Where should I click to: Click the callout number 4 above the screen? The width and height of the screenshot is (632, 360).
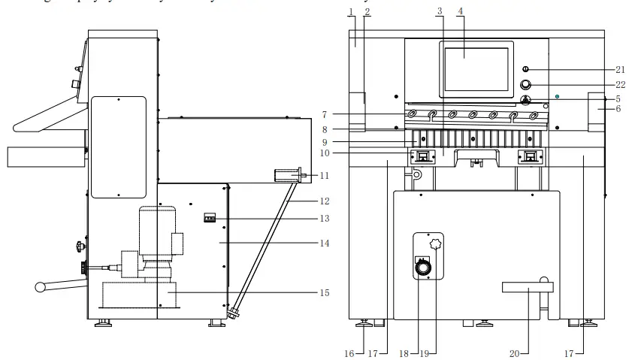(460, 12)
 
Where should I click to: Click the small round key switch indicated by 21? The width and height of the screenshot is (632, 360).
(525, 69)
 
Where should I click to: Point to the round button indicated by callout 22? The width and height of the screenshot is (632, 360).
(525, 84)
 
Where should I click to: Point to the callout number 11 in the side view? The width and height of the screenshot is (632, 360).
(324, 175)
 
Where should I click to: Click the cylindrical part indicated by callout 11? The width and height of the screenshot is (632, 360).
(286, 176)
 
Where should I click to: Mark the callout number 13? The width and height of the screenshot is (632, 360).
(324, 218)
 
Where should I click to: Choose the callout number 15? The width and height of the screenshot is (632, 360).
(324, 292)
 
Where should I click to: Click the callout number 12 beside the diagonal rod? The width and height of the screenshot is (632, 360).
(324, 201)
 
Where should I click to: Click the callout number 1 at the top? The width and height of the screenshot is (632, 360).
(351, 12)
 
